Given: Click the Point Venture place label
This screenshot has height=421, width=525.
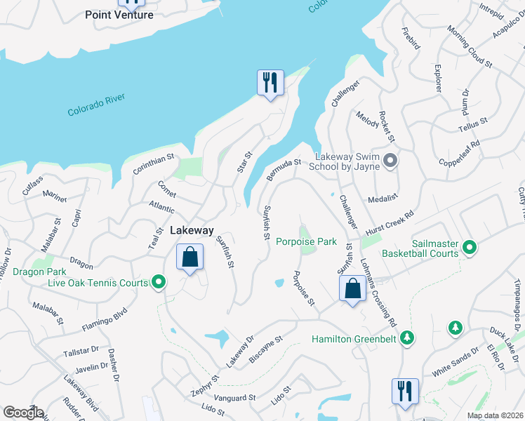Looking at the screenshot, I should click(119, 15).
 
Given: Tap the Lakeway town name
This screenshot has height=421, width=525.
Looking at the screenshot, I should click(190, 230).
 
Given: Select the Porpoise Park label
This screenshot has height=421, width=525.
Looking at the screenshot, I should click(306, 242).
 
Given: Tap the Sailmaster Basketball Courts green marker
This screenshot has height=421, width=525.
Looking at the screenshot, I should click(470, 247).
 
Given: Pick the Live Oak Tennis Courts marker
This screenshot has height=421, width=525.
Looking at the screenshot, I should click(159, 283).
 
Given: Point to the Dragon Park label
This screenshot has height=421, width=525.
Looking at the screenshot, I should click(39, 272).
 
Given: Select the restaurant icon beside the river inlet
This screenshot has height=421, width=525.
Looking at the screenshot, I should click(270, 83).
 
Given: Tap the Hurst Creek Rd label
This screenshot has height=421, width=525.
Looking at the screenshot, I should click(390, 223).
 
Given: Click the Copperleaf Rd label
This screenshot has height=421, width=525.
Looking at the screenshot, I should click(460, 153).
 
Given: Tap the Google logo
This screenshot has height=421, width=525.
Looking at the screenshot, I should click(23, 412).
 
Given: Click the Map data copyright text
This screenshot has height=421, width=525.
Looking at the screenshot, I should click(495, 415).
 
